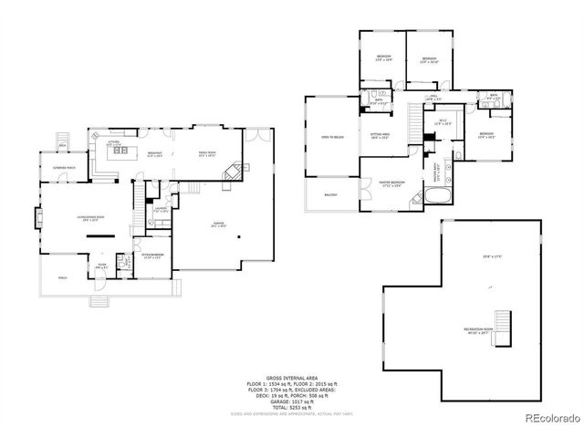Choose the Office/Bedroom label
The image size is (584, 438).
(x=151, y=255)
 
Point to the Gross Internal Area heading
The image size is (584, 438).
(x=291, y=376)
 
